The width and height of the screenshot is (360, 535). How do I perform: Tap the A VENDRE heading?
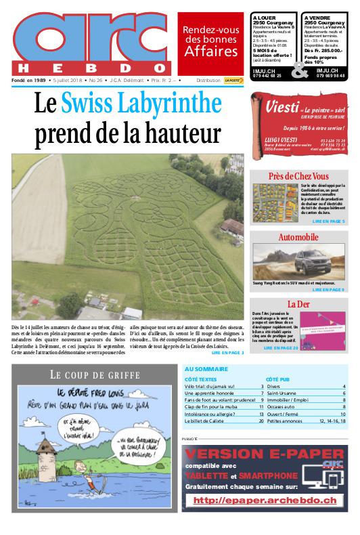click(x=317, y=16)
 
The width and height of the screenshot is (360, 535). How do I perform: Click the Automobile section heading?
click(x=298, y=237)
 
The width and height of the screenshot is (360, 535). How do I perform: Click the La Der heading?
click(x=298, y=303)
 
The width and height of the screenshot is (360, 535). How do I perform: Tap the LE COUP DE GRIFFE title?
click(x=94, y=374)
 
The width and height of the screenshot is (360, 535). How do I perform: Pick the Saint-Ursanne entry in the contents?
click(x=284, y=393)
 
